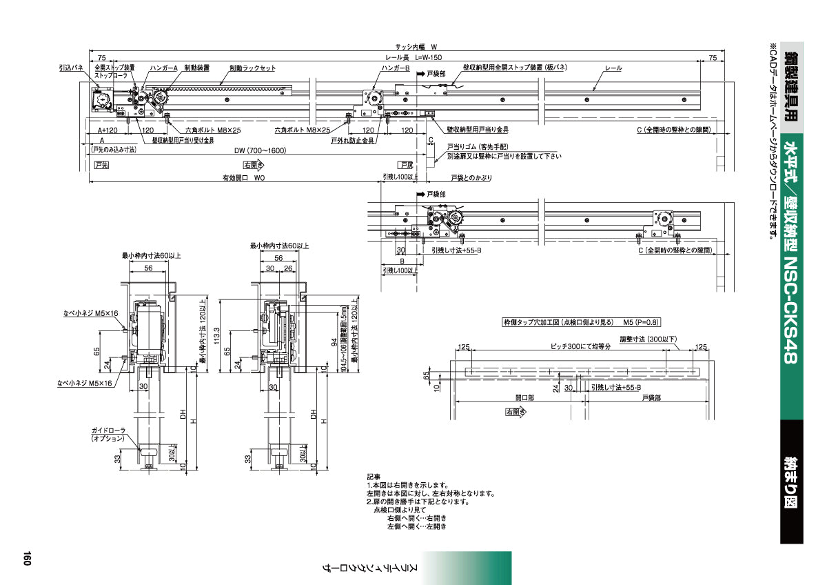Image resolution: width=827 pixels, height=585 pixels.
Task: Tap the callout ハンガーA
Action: point(165,68)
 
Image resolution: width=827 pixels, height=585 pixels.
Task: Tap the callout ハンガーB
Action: point(396,68)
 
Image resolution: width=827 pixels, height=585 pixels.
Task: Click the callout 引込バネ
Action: point(71,68)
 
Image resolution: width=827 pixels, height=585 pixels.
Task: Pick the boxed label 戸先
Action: point(102,165)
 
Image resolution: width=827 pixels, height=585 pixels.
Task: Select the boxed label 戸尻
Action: point(407,165)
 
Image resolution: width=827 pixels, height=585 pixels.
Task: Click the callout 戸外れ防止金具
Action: point(352,140)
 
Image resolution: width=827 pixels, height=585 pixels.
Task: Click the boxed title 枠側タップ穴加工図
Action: point(560,321)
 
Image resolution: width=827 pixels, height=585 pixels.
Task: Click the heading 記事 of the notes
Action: point(373,477)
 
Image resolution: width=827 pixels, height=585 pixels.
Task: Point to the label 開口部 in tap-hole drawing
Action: point(524,398)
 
